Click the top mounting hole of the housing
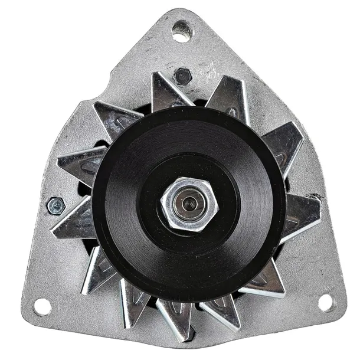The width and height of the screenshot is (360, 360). (181, 31)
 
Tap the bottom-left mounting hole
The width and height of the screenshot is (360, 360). (42, 306)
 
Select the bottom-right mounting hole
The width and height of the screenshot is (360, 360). (325, 302)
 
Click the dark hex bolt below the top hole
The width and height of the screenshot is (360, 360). (182, 76)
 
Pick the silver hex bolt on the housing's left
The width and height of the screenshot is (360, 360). (56, 205)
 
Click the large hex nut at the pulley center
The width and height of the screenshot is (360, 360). (189, 204)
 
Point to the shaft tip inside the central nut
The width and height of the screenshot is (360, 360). (189, 204)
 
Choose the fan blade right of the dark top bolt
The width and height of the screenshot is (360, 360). (230, 94)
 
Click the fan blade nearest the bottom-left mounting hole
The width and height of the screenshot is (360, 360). (97, 269)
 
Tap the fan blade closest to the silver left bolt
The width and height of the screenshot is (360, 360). (74, 221)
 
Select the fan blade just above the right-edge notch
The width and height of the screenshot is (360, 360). (283, 148)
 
